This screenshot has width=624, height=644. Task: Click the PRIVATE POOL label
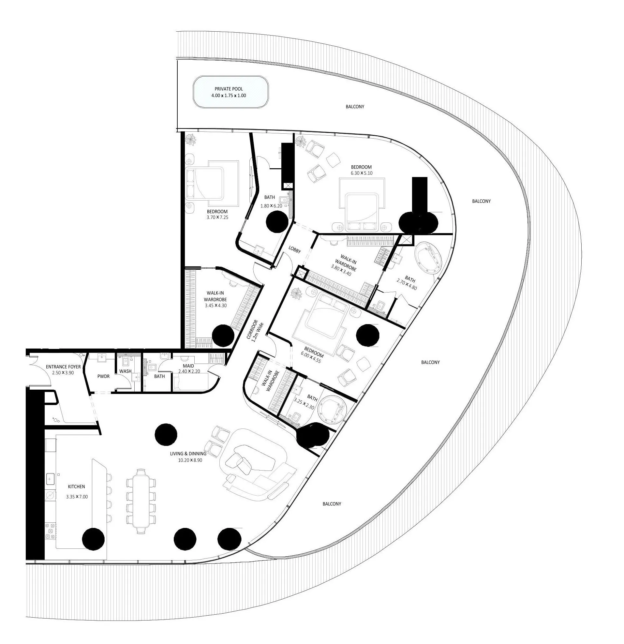click(x=229, y=89)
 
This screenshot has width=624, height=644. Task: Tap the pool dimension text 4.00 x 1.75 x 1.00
click(x=229, y=96)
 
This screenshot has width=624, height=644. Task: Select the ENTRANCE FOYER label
click(x=63, y=367)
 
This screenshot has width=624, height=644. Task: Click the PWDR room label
click(x=103, y=376)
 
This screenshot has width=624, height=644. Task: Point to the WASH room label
click(x=125, y=371)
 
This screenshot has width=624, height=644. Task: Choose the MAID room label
click(x=188, y=366)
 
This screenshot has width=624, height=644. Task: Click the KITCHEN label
click(x=76, y=487)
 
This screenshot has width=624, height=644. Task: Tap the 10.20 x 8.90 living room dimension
click(x=190, y=460)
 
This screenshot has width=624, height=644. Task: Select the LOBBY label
click(x=294, y=250)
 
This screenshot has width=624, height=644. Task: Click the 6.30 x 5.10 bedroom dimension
click(x=362, y=173)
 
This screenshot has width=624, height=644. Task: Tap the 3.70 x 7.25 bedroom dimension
click(x=217, y=217)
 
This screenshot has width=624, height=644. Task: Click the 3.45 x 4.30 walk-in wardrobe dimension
click(x=215, y=306)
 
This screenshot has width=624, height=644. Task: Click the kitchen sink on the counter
click(x=50, y=479)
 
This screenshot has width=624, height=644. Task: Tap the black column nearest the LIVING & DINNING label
click(x=166, y=435)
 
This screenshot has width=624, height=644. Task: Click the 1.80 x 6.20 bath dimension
click(x=272, y=206)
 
